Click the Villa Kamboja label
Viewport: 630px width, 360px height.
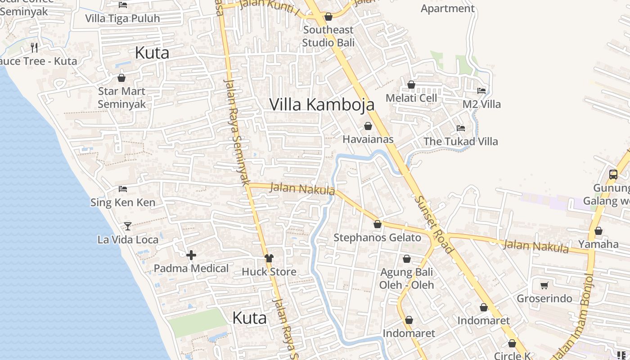322,104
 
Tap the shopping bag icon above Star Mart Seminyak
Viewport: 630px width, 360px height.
121,78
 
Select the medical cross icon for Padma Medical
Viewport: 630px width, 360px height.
191,256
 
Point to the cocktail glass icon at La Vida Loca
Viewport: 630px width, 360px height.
128,226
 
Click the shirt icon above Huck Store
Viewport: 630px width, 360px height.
269,258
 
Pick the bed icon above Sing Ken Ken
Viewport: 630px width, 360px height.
123,189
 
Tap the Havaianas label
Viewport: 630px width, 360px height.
368,139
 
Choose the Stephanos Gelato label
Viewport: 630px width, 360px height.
377,237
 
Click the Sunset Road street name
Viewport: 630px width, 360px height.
433,224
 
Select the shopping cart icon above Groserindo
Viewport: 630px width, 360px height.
544,285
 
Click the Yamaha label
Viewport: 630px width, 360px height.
598,244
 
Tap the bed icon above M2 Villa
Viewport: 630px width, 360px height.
481,90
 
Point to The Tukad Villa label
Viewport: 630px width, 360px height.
461,141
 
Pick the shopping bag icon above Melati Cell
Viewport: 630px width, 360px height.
411,85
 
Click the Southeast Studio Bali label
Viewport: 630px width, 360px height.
328,36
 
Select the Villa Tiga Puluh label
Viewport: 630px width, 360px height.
122,18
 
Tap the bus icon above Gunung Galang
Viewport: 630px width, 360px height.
613,175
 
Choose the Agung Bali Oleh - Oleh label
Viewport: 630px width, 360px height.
407,279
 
